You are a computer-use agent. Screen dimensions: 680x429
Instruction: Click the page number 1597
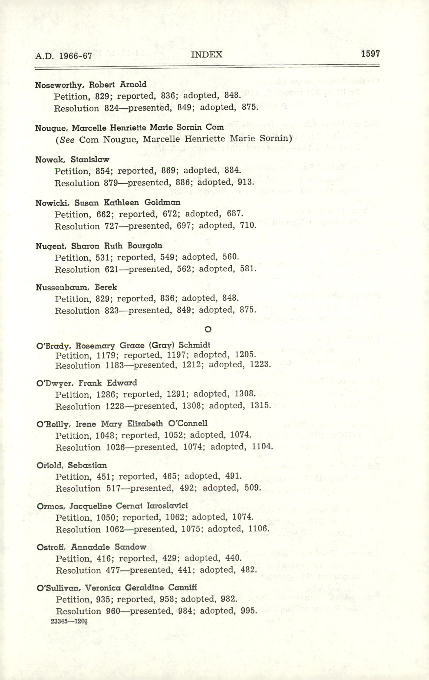point(370,54)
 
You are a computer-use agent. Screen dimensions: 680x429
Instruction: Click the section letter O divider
point(208,329)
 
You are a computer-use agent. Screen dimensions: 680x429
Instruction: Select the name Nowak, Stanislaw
point(72,160)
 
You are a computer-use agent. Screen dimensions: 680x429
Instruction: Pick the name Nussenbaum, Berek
point(76,287)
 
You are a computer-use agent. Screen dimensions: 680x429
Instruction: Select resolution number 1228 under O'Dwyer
point(115,406)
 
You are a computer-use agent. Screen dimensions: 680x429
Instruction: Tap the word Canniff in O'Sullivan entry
point(182,588)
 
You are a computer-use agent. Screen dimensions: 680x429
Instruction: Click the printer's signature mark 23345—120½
point(67,621)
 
